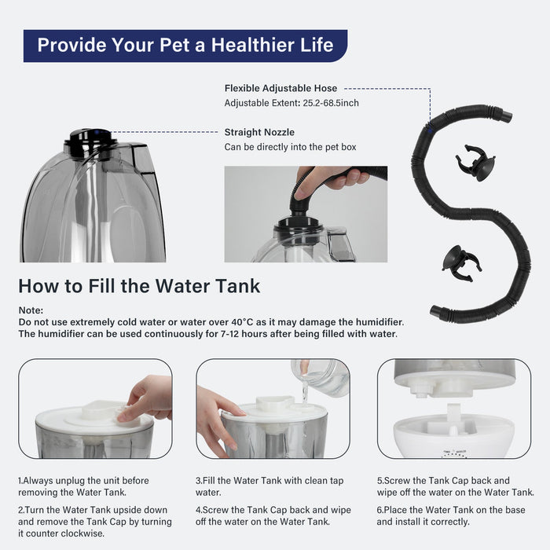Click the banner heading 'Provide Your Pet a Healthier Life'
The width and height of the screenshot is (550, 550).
[x=185, y=45]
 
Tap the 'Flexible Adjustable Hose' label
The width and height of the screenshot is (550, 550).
[x=280, y=89]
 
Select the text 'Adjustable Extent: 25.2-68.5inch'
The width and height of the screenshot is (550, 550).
[x=292, y=103]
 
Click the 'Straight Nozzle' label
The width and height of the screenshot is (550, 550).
[x=259, y=132]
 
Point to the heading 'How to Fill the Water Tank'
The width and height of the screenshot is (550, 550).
[x=139, y=285]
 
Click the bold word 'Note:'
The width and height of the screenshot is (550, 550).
[x=31, y=310]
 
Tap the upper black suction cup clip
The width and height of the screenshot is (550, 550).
[x=475, y=163]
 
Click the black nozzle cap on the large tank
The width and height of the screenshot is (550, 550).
[x=91, y=143]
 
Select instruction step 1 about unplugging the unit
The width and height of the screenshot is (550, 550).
[x=83, y=486]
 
